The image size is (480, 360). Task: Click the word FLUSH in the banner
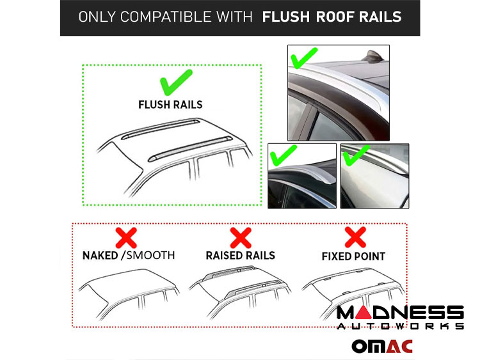[286, 17]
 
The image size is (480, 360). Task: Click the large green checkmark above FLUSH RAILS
[177, 82]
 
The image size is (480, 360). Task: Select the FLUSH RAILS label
[170, 105]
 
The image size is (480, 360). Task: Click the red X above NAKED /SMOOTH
[126, 238]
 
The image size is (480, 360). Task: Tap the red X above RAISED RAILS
[241, 238]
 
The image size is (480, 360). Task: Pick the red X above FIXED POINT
[355, 237]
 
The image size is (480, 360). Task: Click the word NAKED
[100, 255]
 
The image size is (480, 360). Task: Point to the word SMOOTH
[150, 255]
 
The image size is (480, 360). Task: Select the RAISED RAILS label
[240, 255]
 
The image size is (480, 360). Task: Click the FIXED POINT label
[353, 256]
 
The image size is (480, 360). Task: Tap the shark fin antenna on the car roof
[373, 56]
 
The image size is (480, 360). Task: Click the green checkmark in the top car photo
[304, 58]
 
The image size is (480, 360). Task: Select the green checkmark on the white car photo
[356, 155]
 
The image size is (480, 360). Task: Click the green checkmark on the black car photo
[283, 155]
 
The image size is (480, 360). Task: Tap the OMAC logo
[382, 347]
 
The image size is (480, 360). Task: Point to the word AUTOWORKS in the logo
[401, 326]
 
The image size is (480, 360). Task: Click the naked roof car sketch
[129, 293]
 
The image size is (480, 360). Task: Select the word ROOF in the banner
[334, 17]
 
